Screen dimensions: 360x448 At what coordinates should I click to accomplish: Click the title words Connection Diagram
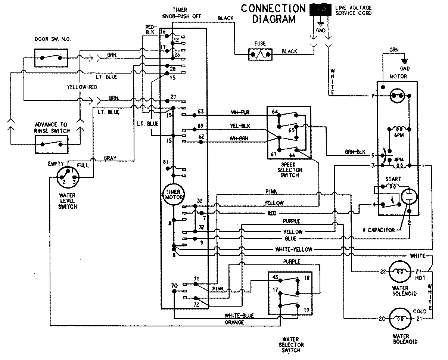(273, 13)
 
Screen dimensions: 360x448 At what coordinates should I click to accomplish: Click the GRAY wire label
(110, 158)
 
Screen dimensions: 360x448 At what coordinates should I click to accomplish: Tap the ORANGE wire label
(234, 322)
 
